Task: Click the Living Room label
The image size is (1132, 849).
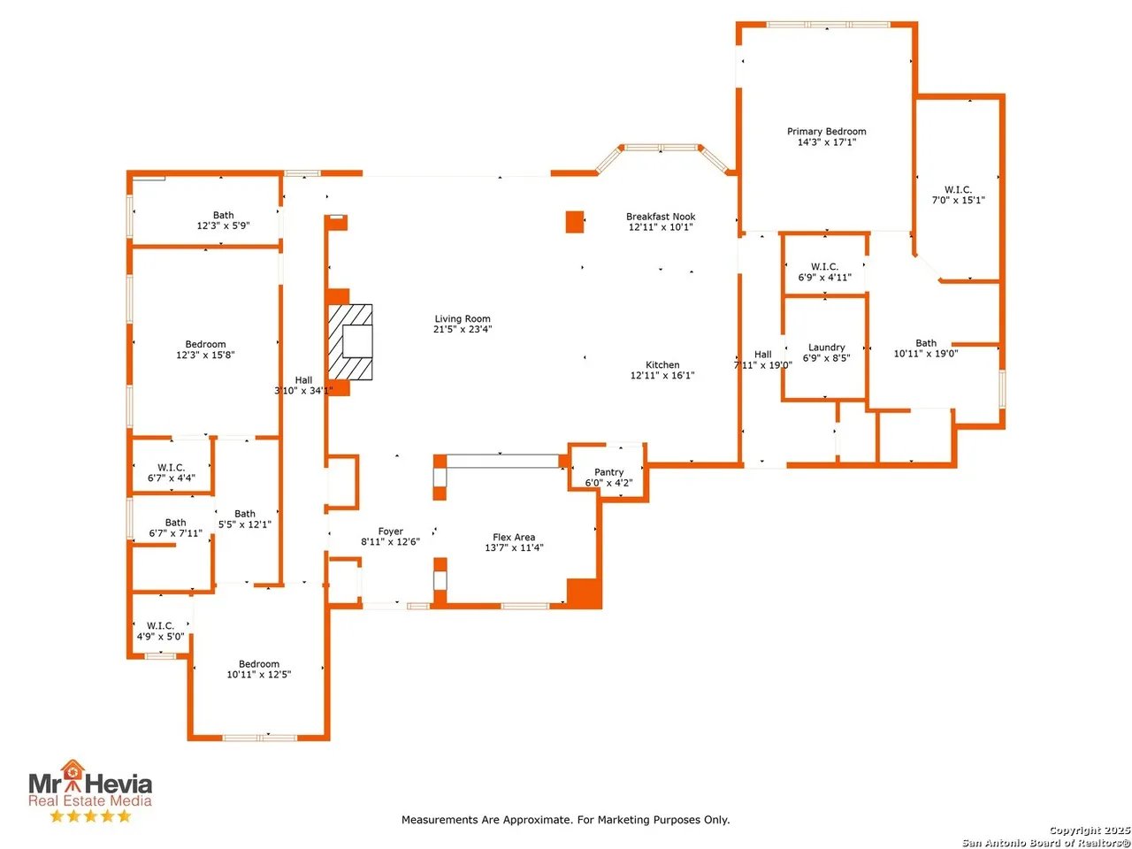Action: coord(462,319)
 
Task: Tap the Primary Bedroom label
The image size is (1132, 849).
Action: coord(826,132)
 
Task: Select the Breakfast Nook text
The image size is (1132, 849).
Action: coord(661,217)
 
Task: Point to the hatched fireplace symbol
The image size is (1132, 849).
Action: coord(350,342)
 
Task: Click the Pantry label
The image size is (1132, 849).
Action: coord(608,472)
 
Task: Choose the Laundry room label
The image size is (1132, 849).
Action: coord(826,348)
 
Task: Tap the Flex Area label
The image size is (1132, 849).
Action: coord(514,537)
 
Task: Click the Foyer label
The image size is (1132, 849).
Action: coord(390,532)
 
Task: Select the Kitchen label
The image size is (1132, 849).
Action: coord(662,365)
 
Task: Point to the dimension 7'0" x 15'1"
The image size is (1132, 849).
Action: coord(958,200)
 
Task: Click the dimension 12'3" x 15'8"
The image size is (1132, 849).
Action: coord(205,355)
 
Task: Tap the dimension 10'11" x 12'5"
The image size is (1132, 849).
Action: coord(259,674)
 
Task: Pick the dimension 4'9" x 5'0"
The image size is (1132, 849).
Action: coord(160,636)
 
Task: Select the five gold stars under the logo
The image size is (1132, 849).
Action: coord(90,815)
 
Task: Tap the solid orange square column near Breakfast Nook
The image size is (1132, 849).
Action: coord(575,222)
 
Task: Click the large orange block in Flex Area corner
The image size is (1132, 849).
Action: coord(585,593)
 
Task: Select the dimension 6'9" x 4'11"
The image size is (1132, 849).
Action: coord(824,278)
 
